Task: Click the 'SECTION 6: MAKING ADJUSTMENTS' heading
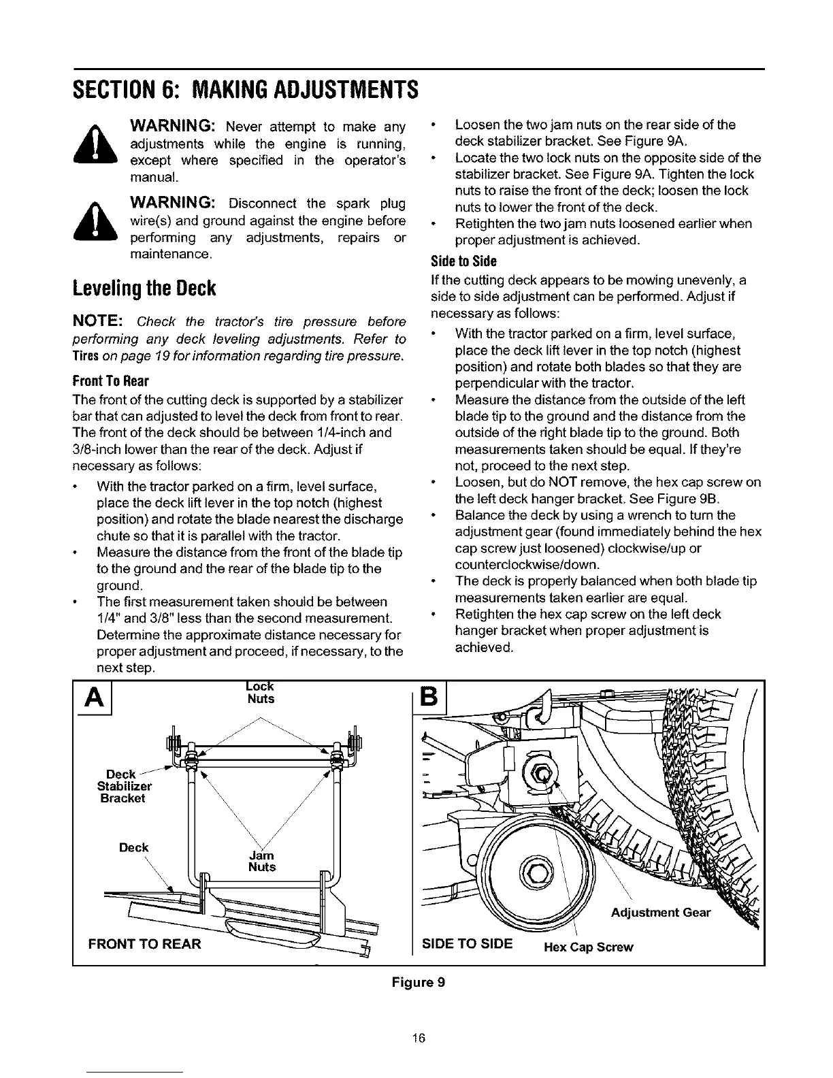click(244, 89)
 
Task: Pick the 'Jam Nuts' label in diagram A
click(262, 861)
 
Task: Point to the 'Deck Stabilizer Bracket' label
click(125, 786)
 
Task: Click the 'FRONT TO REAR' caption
click(145, 944)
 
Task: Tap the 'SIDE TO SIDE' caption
click(468, 943)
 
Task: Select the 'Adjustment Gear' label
click(660, 913)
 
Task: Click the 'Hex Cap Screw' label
click(589, 947)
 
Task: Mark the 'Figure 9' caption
click(417, 982)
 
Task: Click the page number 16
click(417, 1038)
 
